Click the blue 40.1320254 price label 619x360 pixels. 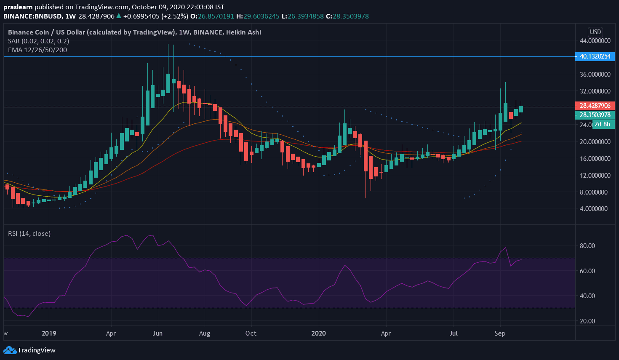[x=595, y=56]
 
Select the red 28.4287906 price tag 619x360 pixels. [x=595, y=106]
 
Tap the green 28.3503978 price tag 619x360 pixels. [x=595, y=115]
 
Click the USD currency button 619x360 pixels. [x=595, y=32]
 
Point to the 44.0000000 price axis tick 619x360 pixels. [x=595, y=41]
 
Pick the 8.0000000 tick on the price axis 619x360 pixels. [x=593, y=192]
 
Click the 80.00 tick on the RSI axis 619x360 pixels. [x=587, y=245]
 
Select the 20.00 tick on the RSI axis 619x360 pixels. [x=587, y=321]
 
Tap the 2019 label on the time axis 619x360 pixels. [x=49, y=333]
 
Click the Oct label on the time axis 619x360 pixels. [x=251, y=333]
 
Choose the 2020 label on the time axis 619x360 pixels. [x=318, y=333]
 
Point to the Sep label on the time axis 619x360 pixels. [x=500, y=333]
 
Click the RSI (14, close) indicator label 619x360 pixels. [x=29, y=233]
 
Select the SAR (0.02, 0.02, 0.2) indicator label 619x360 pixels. [x=38, y=41]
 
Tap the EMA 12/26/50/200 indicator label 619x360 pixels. [x=37, y=50]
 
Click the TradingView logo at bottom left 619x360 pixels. [x=29, y=350]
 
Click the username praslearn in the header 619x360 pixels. [x=18, y=7]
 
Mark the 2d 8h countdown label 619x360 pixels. [x=602, y=124]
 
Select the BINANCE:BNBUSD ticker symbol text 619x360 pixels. [x=32, y=16]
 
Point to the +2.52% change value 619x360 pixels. [x=175, y=16]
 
